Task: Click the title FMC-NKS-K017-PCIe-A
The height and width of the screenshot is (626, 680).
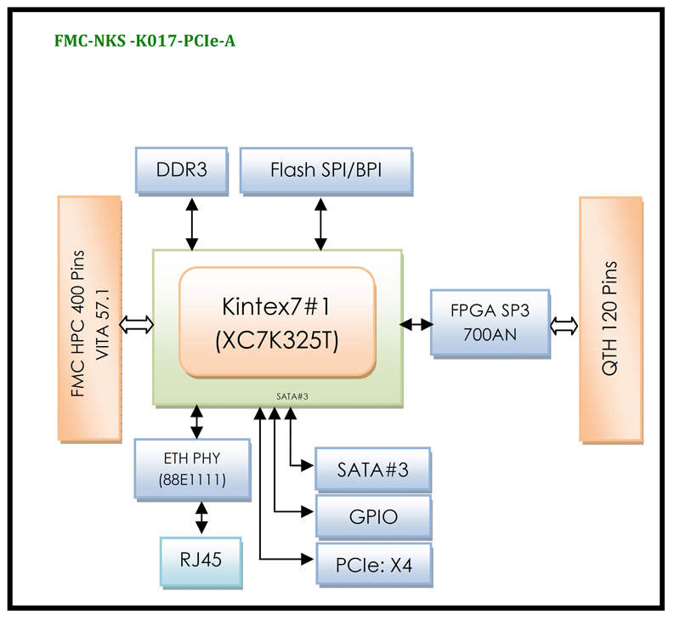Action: tap(144, 39)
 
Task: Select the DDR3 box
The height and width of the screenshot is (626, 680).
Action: tap(182, 170)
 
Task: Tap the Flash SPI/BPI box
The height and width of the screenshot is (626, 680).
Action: tap(326, 170)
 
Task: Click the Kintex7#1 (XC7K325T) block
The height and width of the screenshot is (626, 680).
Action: tap(276, 322)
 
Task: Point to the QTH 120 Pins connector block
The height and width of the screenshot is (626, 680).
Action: tap(613, 320)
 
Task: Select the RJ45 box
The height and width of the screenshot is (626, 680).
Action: tap(201, 561)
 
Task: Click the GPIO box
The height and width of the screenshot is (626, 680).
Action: tap(372, 515)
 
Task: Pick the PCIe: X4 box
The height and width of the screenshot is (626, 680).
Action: tap(372, 562)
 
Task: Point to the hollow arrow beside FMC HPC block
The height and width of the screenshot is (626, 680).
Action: tap(138, 323)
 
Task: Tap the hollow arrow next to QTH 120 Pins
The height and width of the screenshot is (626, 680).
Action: tap(564, 323)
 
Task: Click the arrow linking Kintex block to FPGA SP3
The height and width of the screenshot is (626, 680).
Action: tap(416, 323)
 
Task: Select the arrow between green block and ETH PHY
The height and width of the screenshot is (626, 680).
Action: tap(197, 422)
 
